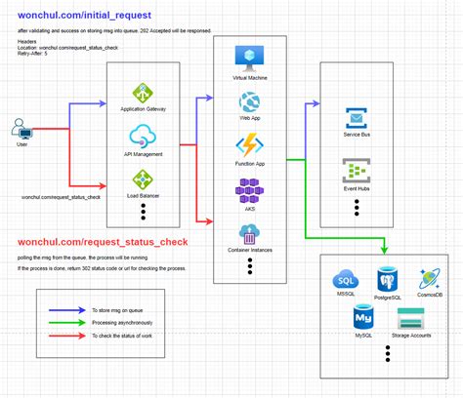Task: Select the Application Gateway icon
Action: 143,93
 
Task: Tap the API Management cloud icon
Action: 143,136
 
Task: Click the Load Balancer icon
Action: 143,179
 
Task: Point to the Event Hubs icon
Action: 356,171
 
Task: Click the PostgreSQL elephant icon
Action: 388,278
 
